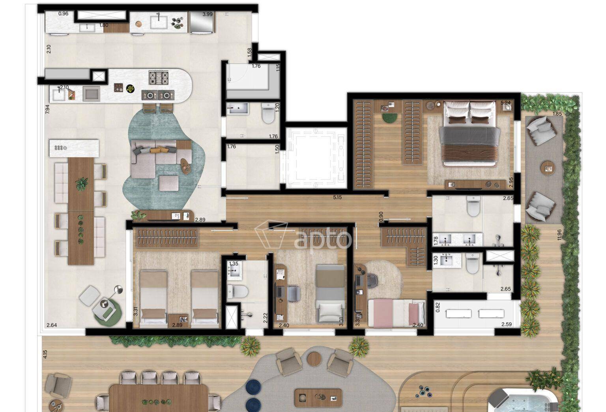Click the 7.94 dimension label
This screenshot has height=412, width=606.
(x=48, y=109)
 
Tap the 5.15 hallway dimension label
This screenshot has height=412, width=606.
(x=337, y=198)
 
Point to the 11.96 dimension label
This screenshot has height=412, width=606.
(x=559, y=235)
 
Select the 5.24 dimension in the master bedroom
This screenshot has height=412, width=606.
(x=506, y=103)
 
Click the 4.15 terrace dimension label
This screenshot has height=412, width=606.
(x=45, y=354)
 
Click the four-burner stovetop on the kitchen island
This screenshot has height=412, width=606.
(x=158, y=78)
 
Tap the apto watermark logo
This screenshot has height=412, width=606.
(x=303, y=236)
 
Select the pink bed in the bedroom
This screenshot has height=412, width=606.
(x=397, y=313)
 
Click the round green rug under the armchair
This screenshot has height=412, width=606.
(x=107, y=314)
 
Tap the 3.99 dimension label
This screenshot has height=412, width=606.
(x=208, y=14)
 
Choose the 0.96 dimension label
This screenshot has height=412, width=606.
(x=63, y=13)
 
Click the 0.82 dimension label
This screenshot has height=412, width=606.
(x=438, y=307)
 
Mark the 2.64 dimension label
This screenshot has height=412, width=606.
(x=52, y=325)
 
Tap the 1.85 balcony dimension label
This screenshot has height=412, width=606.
(x=557, y=114)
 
